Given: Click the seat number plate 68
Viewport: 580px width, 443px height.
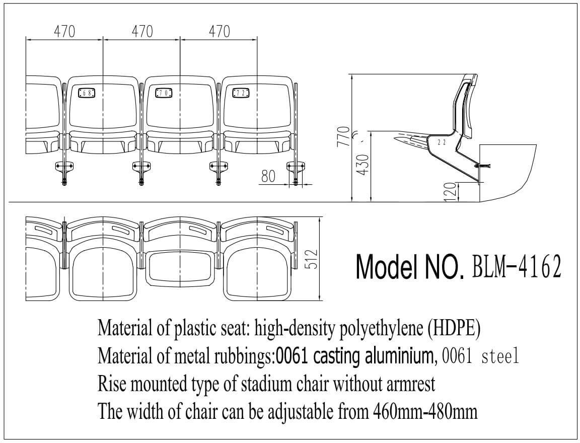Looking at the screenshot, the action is click(x=87, y=93).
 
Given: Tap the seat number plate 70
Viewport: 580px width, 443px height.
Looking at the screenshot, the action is click(x=164, y=93).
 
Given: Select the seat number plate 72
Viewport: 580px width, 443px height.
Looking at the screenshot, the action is click(x=241, y=93).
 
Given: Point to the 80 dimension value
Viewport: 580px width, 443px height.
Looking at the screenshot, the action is click(x=268, y=176).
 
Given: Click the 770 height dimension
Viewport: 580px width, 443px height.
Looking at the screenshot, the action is click(x=344, y=137).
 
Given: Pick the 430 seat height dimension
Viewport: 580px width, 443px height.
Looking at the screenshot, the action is click(x=364, y=165).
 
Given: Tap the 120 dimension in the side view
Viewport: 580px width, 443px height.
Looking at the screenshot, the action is click(x=450, y=192).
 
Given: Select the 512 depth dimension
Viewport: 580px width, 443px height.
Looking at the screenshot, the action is click(x=312, y=259).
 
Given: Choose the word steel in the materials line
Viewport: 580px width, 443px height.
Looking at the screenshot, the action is click(x=500, y=356).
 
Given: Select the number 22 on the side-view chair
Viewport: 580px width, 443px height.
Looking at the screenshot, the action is click(x=442, y=142).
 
